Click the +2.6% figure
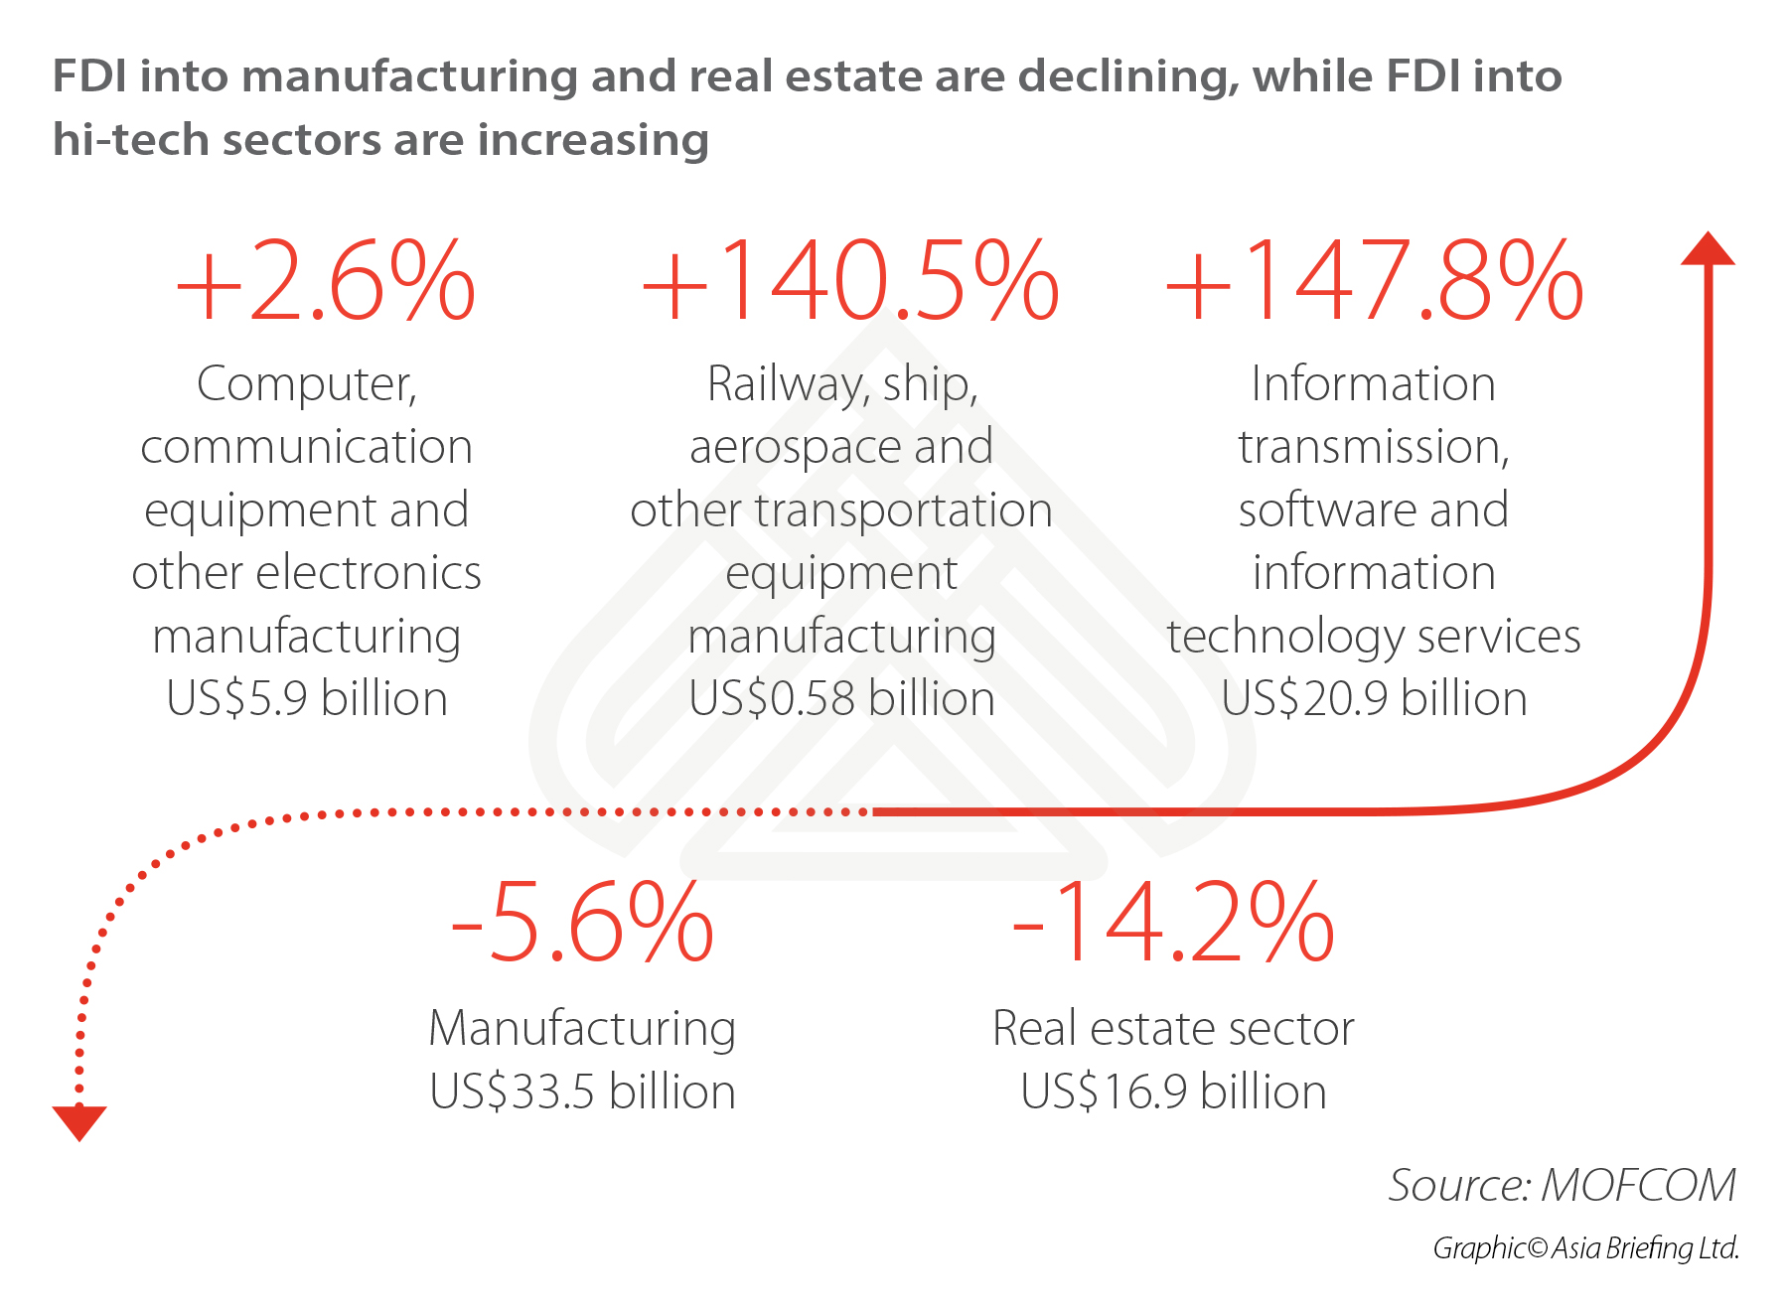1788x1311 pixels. tap(326, 282)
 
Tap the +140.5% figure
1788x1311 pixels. tap(850, 282)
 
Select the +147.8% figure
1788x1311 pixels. tap(1374, 282)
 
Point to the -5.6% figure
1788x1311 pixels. tap(582, 924)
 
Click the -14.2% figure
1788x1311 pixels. tap(1173, 924)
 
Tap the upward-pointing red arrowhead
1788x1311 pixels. tap(1708, 249)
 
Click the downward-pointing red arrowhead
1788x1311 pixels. tap(79, 1122)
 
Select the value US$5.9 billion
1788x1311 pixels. tap(307, 698)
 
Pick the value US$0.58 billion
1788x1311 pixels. tap(841, 698)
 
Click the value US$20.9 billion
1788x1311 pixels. tap(1374, 698)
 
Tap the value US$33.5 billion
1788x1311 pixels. tap(582, 1092)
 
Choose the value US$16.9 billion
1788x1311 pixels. tap(1173, 1092)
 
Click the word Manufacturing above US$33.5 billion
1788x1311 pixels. tap(582, 1029)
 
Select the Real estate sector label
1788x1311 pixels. tap(1173, 1029)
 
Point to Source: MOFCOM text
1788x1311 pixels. tap(1562, 1185)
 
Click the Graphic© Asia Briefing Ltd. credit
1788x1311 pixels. tap(1585, 1248)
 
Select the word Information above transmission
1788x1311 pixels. tap(1373, 384)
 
